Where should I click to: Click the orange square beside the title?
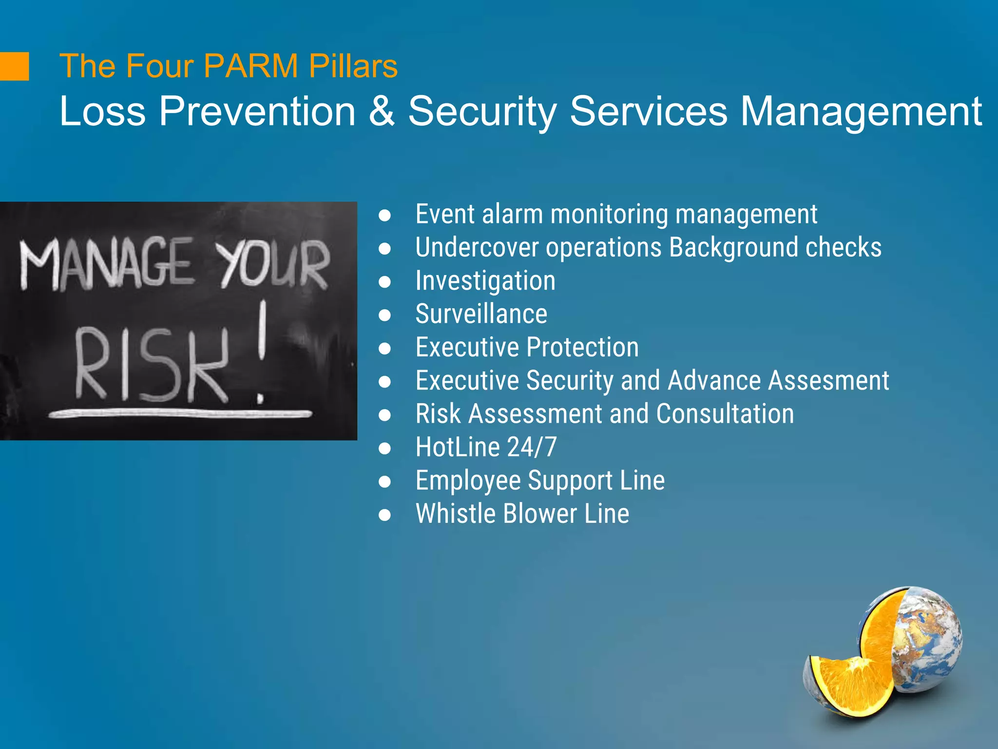click(14, 66)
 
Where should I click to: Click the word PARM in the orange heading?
click(250, 66)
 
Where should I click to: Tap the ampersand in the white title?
click(382, 111)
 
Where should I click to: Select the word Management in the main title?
click(861, 111)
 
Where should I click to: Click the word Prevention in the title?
click(258, 111)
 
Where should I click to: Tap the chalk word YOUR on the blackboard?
click(273, 266)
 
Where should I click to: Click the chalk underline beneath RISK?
click(180, 414)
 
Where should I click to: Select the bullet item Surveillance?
click(481, 314)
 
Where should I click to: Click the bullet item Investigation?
click(485, 281)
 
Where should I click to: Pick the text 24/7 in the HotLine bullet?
click(532, 447)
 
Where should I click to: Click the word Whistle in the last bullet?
click(455, 514)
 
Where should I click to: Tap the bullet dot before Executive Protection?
click(384, 348)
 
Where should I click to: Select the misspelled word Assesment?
click(828, 381)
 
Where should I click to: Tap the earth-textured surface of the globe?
click(928, 634)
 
